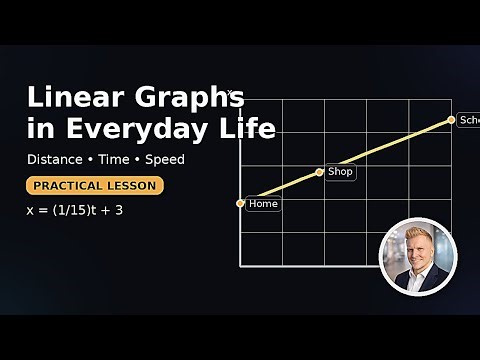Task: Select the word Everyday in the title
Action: pos(151,128)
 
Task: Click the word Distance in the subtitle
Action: pos(55,159)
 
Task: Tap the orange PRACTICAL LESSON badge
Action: pos(95,186)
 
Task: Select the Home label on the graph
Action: pos(263,204)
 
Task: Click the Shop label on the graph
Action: pos(341,172)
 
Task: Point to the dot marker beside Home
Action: pos(241,203)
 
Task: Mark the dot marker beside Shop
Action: pos(320,172)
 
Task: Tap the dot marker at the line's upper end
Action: pos(451,120)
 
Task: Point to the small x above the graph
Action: pos(230,93)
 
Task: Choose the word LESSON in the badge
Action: pos(133,186)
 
